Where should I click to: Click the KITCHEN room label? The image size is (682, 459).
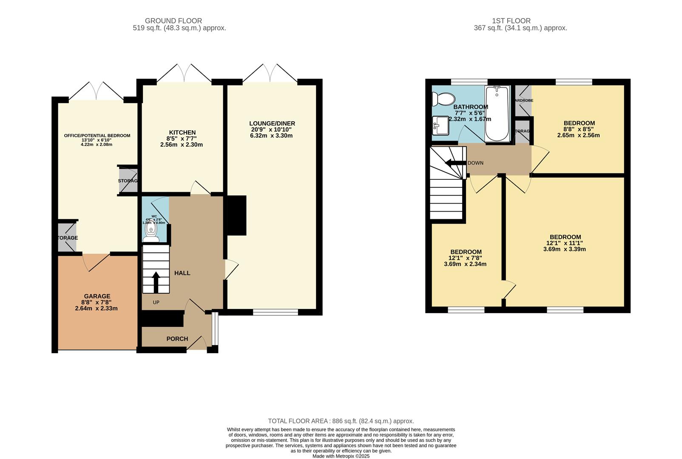pyautogui.click(x=182, y=133)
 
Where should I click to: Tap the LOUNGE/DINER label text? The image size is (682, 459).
pyautogui.click(x=272, y=124)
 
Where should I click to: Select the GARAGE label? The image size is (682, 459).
pyautogui.click(x=97, y=296)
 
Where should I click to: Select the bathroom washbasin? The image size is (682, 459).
pyautogui.click(x=440, y=126)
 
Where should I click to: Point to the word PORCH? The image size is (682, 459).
pyautogui.click(x=177, y=339)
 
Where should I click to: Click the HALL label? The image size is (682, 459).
pyautogui.click(x=182, y=273)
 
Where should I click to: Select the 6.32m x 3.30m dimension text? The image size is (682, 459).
pyautogui.click(x=271, y=136)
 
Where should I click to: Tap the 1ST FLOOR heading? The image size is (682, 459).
pyautogui.click(x=511, y=21)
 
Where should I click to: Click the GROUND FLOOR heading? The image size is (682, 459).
pyautogui.click(x=173, y=21)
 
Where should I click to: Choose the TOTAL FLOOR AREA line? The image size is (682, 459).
pyautogui.click(x=341, y=421)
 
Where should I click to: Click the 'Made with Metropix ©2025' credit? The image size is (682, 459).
pyautogui.click(x=341, y=456)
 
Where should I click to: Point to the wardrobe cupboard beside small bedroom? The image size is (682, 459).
pyautogui.click(x=523, y=101)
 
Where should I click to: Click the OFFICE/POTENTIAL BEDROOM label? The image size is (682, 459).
pyautogui.click(x=97, y=136)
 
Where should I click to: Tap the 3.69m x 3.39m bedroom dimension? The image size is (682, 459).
pyautogui.click(x=564, y=249)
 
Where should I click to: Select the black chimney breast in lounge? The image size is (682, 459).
pyautogui.click(x=236, y=215)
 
